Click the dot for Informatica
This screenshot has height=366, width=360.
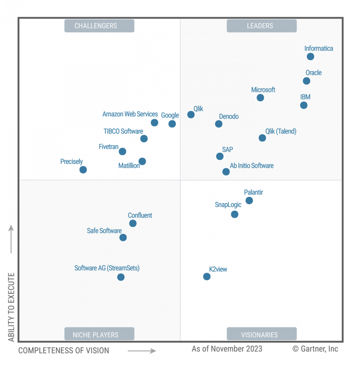[310, 57]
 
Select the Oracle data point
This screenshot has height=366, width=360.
[306, 81]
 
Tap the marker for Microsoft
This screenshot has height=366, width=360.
[261, 98]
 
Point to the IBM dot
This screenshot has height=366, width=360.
[304, 105]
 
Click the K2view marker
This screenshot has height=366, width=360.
[207, 277]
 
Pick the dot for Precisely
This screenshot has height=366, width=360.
[83, 170]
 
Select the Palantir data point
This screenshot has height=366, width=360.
[249, 201]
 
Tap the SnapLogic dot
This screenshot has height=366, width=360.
[234, 214]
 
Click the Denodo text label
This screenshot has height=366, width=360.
[229, 116]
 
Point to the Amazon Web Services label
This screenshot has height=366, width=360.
[130, 114]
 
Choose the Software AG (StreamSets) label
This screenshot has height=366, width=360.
[107, 268]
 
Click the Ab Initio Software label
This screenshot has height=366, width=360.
[252, 165]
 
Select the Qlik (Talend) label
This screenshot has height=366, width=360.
[281, 131]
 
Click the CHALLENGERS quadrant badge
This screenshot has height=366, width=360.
[99, 26]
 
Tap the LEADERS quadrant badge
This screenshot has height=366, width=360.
[261, 26]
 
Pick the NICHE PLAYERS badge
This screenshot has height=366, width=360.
[99, 335]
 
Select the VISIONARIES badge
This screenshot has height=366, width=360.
[261, 335]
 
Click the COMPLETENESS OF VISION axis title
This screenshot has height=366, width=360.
[63, 350]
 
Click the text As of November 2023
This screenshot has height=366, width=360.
[227, 348]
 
